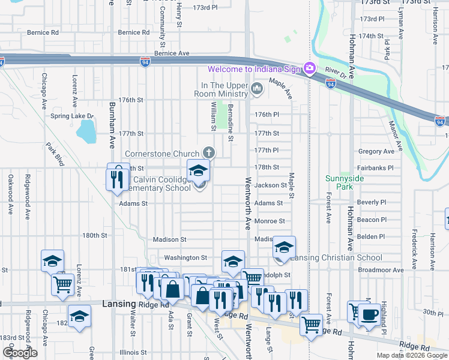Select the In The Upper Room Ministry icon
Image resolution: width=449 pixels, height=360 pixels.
(258, 90)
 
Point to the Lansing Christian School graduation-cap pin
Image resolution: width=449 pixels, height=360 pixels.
(284, 248)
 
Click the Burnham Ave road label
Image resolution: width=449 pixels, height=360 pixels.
(112, 124)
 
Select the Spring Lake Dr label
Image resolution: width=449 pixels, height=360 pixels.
(73, 116)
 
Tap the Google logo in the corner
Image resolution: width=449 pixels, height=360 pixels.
(20, 353)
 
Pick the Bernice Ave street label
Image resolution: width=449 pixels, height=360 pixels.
(172, 53)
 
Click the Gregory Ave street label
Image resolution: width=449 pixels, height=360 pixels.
(375, 152)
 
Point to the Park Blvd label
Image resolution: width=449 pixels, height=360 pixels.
(55, 154)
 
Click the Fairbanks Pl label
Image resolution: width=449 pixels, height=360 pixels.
(375, 169)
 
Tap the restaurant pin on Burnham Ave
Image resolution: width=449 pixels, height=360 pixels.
(115, 178)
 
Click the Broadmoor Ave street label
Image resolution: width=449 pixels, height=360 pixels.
(379, 270)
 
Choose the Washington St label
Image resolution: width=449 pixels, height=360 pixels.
(185, 257)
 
